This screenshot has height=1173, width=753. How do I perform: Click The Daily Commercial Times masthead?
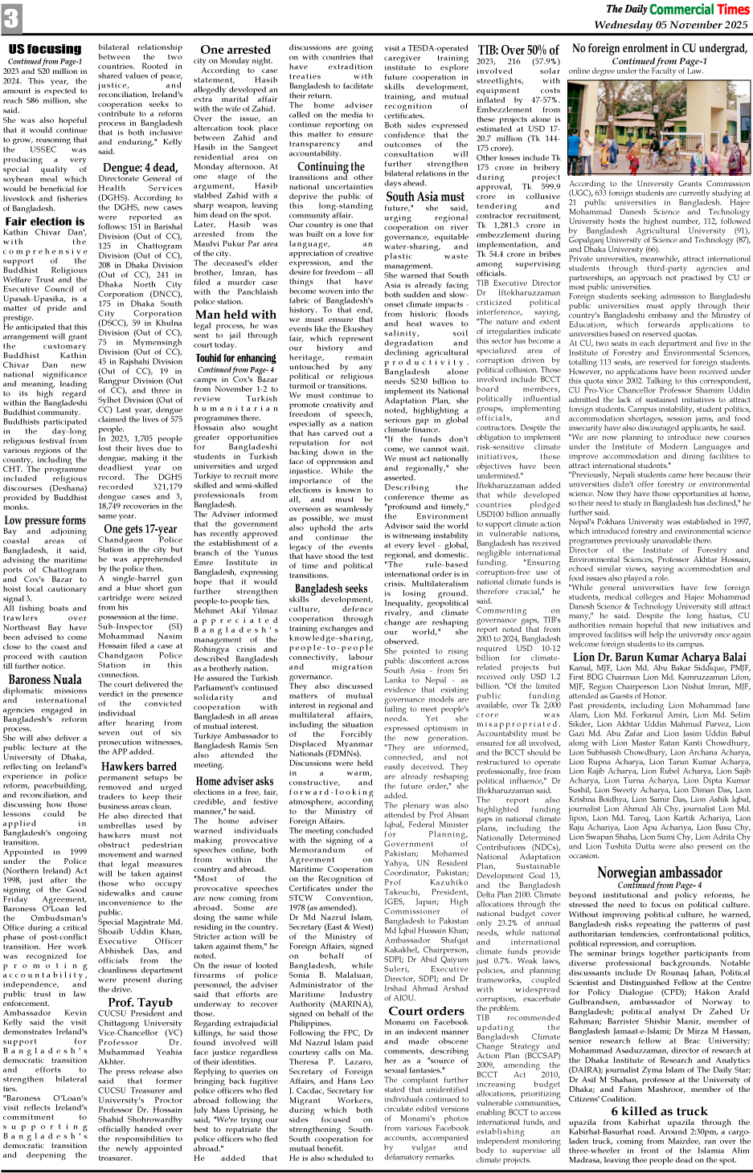coord(677,9)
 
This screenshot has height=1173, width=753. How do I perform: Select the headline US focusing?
coord(44,48)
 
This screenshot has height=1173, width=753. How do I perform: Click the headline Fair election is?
coord(44,221)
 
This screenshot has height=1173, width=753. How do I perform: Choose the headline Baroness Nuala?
coord(44,679)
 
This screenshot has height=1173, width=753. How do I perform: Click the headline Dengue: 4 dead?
coord(139,168)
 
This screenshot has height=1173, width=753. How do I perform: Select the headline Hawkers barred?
coord(139,766)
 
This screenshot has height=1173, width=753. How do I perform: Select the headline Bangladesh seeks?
coord(330,589)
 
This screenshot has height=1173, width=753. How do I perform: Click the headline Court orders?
coord(426,1010)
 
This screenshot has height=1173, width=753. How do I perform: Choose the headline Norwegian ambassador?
coord(659,872)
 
